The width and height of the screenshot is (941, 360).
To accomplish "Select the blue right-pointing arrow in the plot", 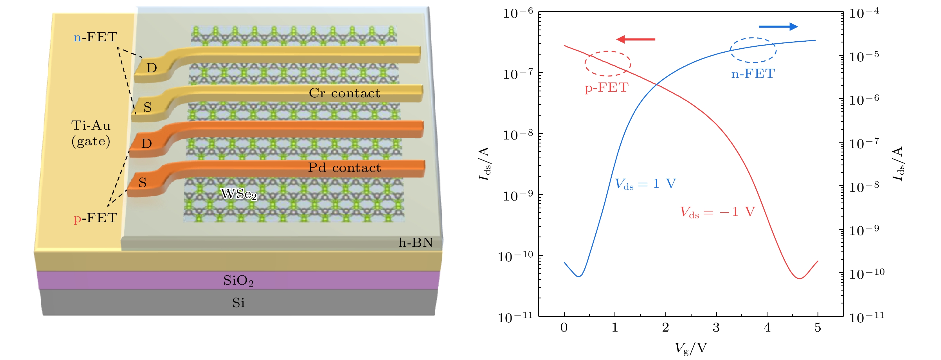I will pos(778,26).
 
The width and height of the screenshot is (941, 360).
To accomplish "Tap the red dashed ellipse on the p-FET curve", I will pos(608,64).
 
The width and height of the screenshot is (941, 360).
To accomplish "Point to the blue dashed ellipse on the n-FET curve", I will pos(753,50).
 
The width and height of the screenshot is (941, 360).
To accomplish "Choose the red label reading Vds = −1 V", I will pos(717,212).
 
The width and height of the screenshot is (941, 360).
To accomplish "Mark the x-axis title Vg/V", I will pos(690,348).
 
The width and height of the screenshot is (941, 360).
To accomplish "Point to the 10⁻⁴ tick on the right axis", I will pos(864,13).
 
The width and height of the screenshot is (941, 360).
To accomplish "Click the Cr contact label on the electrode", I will pos(345,93).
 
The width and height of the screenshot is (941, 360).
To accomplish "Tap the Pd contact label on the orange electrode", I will pos(344,168).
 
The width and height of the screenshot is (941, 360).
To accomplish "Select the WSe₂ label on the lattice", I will pos(239,194).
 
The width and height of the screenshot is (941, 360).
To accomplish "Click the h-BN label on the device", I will pos(416,243).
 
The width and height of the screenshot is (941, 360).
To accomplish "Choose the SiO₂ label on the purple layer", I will pos(238,281).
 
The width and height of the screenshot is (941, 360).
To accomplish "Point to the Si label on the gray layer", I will pos(238,303).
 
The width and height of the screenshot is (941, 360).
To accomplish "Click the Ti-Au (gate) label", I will pos(91,133).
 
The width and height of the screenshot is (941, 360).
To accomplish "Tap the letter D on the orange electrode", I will pos(147,144).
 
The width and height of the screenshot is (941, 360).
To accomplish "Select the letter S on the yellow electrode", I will pos(147,107).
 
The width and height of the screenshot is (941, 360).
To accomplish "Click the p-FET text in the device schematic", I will pos(95,218).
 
